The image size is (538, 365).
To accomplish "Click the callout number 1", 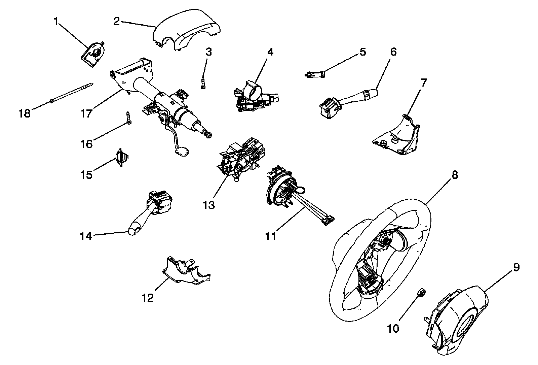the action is (56, 22).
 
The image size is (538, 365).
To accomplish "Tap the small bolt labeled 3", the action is (203, 83).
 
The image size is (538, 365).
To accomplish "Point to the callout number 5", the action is (363, 52).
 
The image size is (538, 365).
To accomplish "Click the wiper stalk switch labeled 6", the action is (348, 103).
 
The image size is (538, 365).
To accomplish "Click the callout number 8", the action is (455, 175).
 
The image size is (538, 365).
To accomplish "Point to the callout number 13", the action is (209, 205).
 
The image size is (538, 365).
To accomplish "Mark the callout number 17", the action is (86, 113).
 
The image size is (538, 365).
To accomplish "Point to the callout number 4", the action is (270, 52).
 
